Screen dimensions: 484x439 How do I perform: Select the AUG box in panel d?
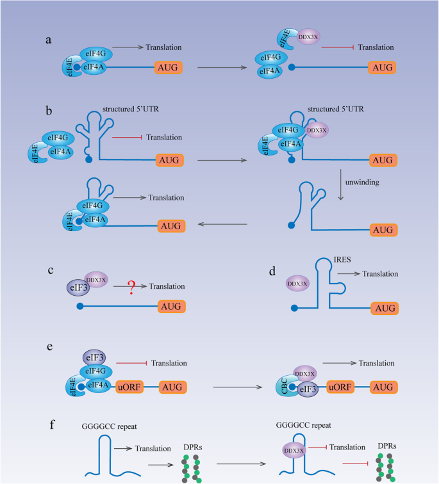coord(385,309)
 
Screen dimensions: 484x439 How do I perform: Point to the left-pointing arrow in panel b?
coord(222,225)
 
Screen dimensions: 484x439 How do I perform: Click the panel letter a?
coord(49,39)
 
